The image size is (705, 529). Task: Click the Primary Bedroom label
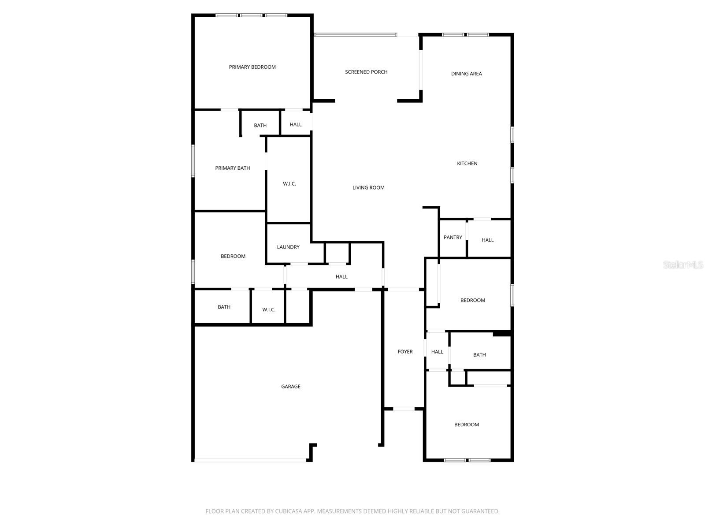click(x=252, y=67)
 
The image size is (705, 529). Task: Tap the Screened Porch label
click(x=366, y=72)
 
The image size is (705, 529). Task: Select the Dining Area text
click(x=466, y=74)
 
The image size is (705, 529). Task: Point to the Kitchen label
click(x=467, y=164)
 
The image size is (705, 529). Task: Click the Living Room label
click(x=368, y=188)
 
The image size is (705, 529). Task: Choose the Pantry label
click(x=453, y=238)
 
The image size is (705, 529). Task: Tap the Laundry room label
click(x=288, y=247)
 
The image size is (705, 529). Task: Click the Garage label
click(x=291, y=387)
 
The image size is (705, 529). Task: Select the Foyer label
click(x=405, y=352)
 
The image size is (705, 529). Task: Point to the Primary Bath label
click(x=232, y=168)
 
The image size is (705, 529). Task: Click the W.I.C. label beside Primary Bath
click(x=289, y=184)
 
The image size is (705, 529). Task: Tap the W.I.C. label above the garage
click(x=269, y=310)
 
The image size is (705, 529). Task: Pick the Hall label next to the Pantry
click(x=487, y=240)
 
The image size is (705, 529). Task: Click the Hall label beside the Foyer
click(x=437, y=352)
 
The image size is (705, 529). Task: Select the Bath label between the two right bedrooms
click(x=479, y=355)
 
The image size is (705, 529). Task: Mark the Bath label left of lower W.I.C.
click(x=224, y=307)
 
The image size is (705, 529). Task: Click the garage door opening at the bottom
click(x=250, y=460)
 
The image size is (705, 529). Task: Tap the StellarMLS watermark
click(x=683, y=265)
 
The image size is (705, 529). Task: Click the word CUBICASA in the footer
click(x=289, y=511)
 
